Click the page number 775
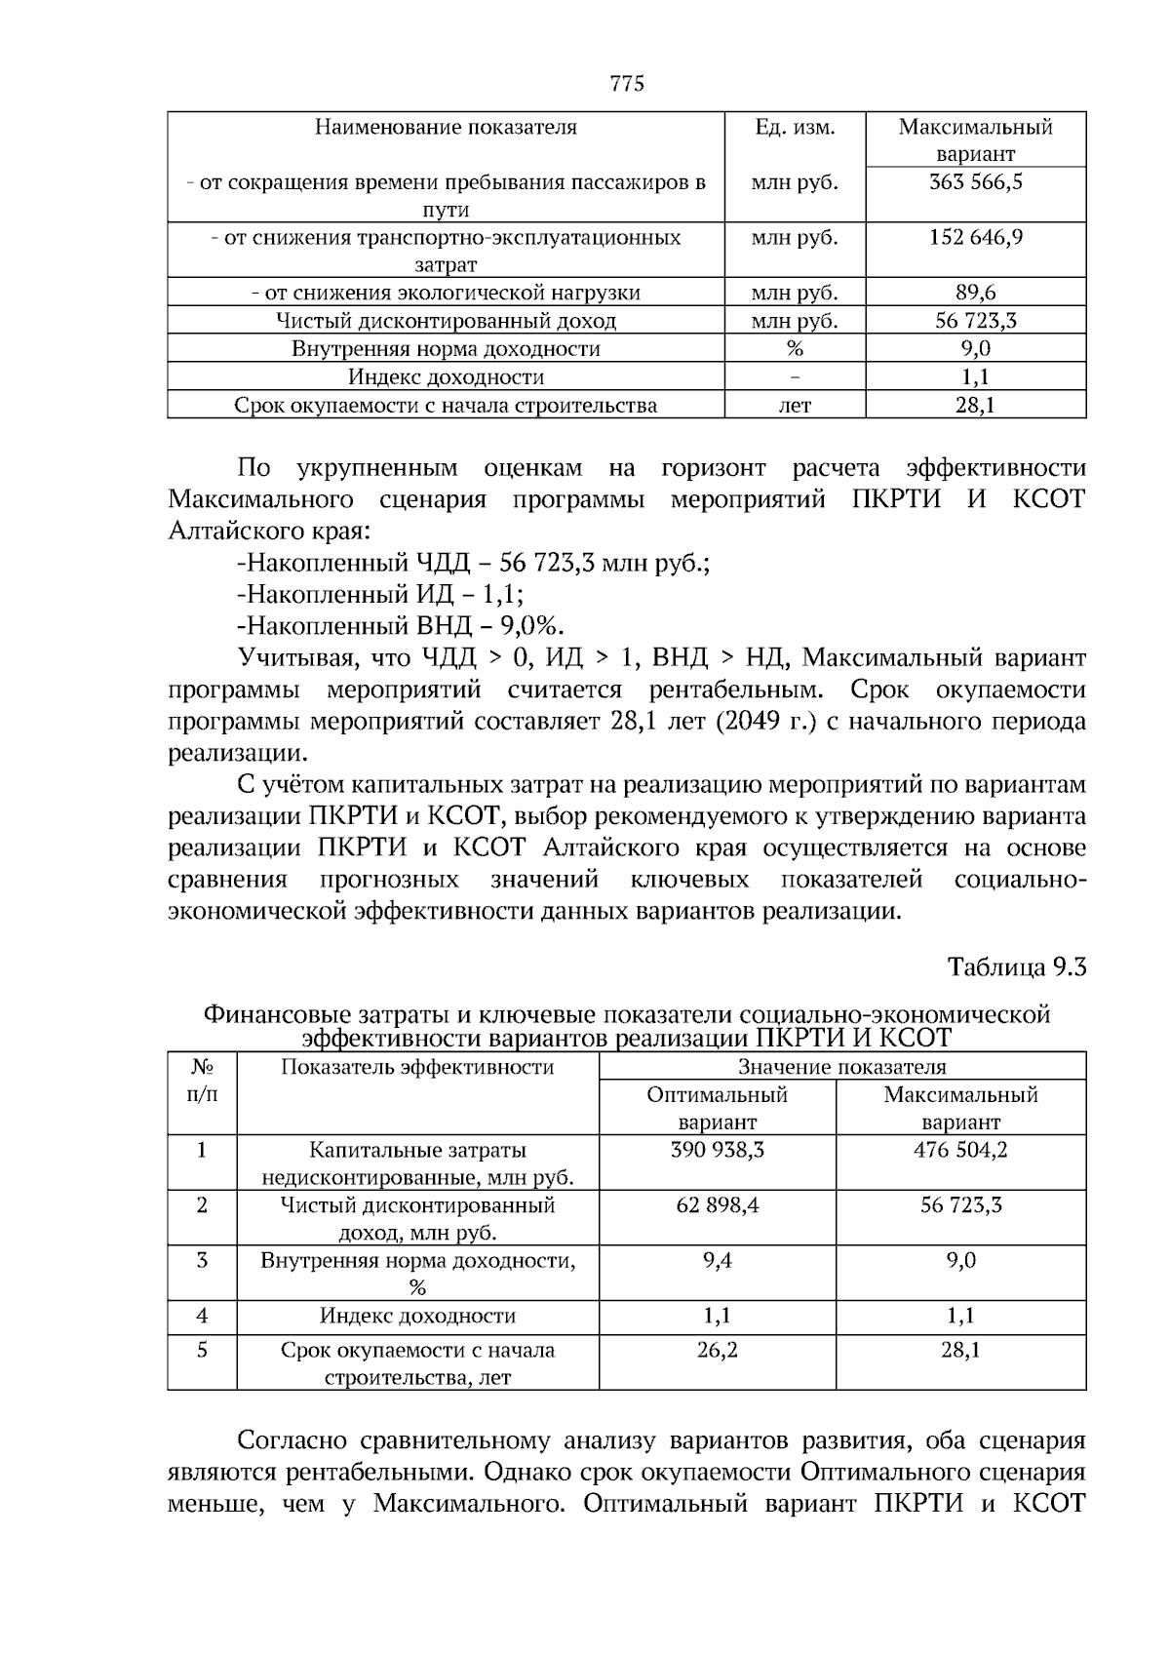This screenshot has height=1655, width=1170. point(627,84)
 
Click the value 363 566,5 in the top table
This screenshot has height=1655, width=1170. point(975,182)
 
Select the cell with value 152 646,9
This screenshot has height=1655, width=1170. point(975,238)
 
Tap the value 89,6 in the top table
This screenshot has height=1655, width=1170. point(975,293)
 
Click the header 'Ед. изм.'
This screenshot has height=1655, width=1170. point(795,128)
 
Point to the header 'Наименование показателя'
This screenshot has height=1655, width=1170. point(446,128)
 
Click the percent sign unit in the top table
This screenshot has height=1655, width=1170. point(795,349)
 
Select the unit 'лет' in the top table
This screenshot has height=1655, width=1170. point(795,406)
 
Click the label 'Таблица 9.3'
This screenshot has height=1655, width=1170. point(1017,967)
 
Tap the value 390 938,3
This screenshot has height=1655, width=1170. point(718,1151)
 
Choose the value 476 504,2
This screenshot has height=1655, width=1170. point(960,1151)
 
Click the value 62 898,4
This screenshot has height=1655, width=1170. point(718,1206)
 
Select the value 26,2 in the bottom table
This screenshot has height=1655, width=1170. point(718,1351)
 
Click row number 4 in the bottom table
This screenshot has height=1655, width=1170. point(202,1317)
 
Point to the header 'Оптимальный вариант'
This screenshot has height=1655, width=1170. point(718,1108)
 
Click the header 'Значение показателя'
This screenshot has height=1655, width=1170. point(841,1067)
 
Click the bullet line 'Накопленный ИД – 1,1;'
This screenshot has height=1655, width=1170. point(380,594)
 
